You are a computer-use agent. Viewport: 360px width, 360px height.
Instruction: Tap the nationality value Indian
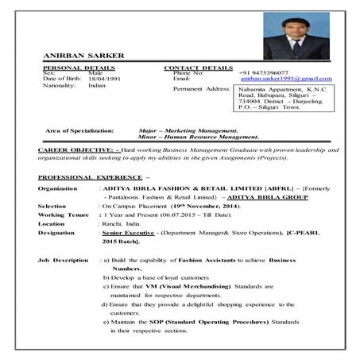tap(97, 86)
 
